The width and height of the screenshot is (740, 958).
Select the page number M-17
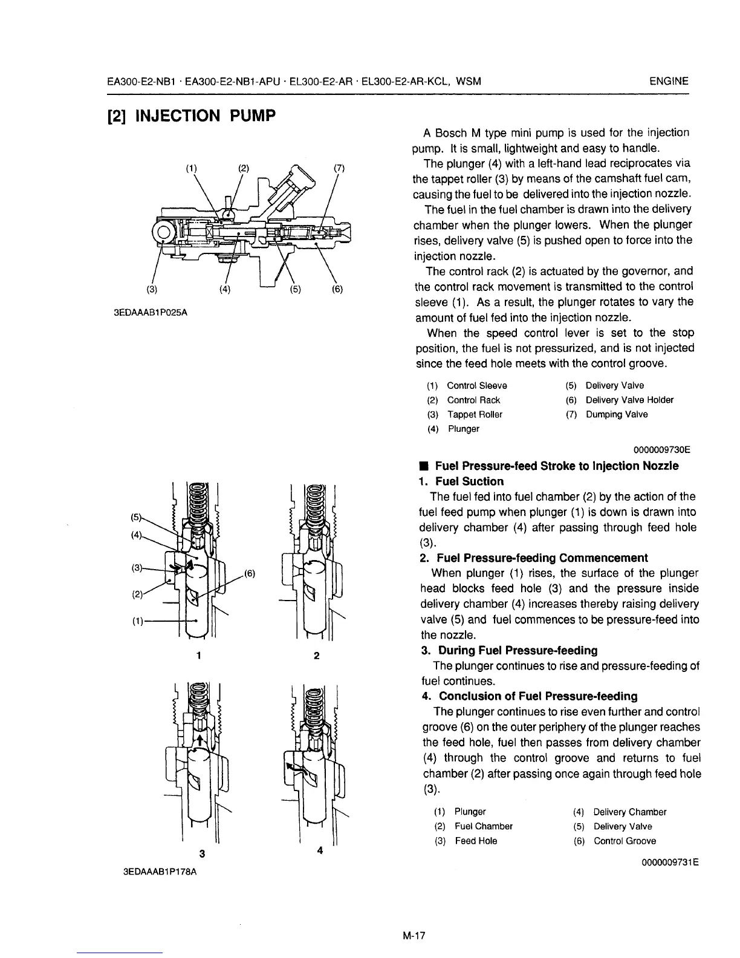(x=414, y=936)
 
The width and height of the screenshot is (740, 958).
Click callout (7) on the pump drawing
(x=339, y=168)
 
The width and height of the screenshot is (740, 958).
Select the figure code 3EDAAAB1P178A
(x=160, y=873)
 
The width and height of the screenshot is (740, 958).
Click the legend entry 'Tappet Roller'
(x=475, y=414)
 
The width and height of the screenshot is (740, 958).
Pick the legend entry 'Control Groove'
(x=625, y=841)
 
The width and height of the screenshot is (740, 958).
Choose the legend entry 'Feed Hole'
(x=476, y=841)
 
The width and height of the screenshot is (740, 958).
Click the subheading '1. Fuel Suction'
(x=462, y=481)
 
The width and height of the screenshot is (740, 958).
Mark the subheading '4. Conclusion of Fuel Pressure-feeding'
(x=529, y=696)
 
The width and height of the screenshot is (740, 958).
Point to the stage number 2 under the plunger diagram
(x=316, y=656)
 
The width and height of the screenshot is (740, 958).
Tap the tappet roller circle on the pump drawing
(x=163, y=231)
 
